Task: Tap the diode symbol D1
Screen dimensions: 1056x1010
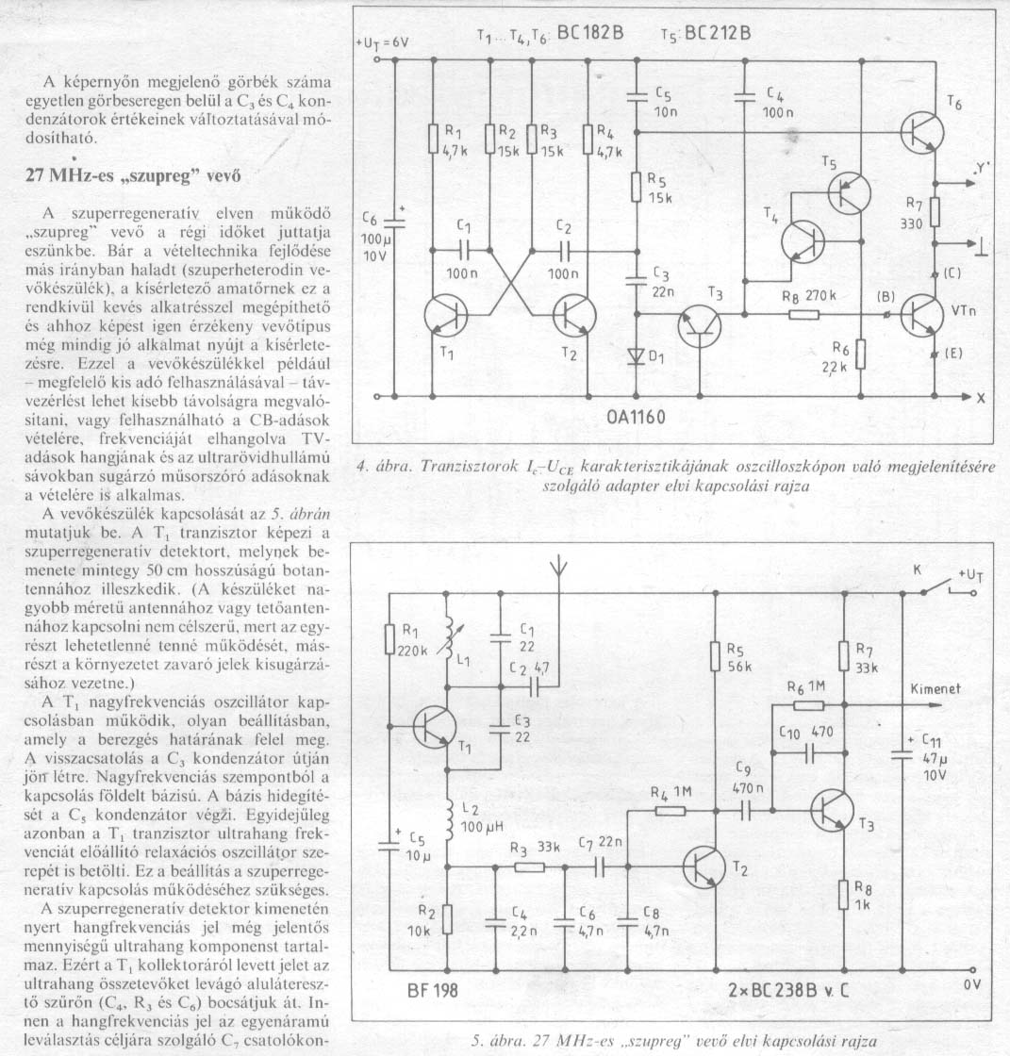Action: click(635, 356)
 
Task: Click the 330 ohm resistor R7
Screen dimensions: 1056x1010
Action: click(935, 211)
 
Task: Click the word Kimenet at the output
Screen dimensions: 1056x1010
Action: click(935, 689)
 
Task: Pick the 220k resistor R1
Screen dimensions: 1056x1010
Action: click(389, 640)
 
